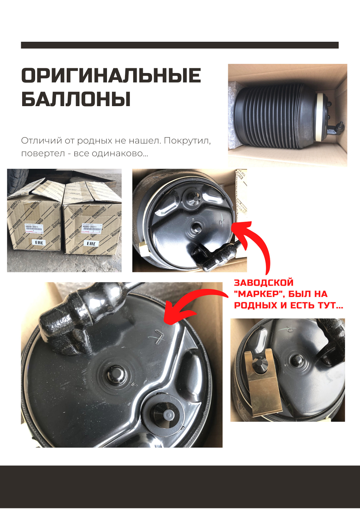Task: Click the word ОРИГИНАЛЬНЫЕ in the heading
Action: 111,76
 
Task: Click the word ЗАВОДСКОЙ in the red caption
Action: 264,283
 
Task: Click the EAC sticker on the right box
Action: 91,243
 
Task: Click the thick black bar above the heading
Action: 180,45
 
